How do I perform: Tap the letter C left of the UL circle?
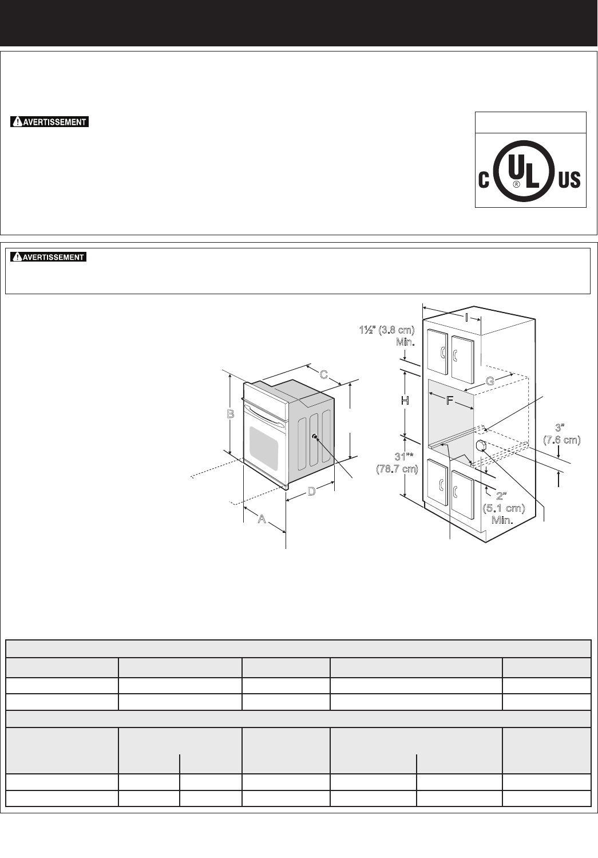(484, 179)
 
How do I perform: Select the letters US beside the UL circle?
(569, 179)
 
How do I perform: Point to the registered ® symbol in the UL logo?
(516, 184)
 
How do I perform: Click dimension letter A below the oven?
(262, 519)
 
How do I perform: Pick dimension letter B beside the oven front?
(231, 414)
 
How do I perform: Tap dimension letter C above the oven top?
(323, 374)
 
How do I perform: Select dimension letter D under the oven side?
(312, 491)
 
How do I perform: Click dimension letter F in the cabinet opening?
(450, 401)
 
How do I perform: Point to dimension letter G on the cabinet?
(490, 381)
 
